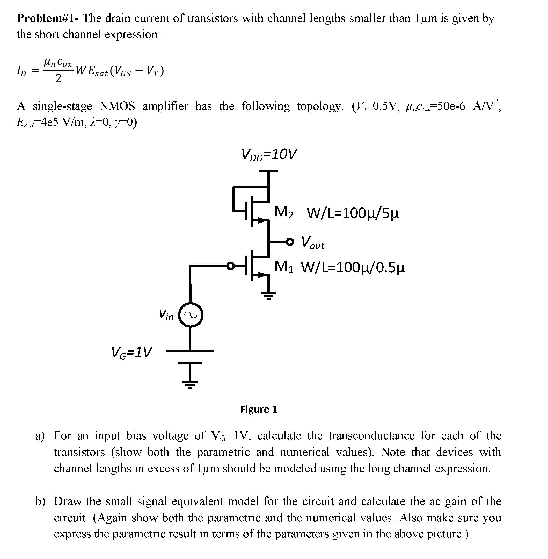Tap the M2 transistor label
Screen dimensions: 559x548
tap(284, 212)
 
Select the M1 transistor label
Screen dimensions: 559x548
tap(284, 266)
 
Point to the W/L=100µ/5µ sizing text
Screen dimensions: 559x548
tap(353, 213)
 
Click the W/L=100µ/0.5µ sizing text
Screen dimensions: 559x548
tap(353, 268)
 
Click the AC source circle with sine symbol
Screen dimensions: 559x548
tap(191, 315)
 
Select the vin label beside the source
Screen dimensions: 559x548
tap(166, 314)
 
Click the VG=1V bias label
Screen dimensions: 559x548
tap(131, 352)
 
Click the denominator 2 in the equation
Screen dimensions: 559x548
tap(58, 78)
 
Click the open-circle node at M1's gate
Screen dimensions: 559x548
tap(231, 266)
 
